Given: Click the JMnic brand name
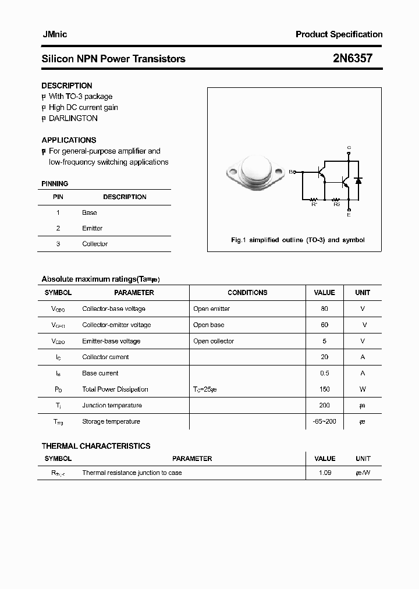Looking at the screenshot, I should pos(54,34).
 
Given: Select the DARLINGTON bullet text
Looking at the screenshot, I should pos(73,118).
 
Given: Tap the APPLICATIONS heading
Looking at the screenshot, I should pos(69,140).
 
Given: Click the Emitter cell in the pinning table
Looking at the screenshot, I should pos(92,228).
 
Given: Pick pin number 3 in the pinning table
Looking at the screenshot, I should pos(58,244).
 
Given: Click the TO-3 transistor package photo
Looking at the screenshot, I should pos(257,174).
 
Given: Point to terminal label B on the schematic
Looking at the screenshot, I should pos(292,172).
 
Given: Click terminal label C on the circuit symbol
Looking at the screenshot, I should pos(349,147).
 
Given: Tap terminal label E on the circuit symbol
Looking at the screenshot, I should pos(349,215).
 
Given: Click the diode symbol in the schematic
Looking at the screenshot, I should pos(359,182).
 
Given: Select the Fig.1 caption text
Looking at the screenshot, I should pos(297,240).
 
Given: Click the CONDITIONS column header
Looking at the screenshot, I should pos(247,293).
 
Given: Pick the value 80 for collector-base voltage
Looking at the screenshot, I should pos(324,308).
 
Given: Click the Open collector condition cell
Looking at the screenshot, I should pos(214,341).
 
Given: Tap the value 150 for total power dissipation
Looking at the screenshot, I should pos(324,389).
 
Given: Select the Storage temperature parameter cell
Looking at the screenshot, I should pos(111,421).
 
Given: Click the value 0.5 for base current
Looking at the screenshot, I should pos(324,373).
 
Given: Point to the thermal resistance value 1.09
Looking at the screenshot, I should pos(325,473).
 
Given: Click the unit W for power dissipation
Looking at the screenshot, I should pos(363,389).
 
